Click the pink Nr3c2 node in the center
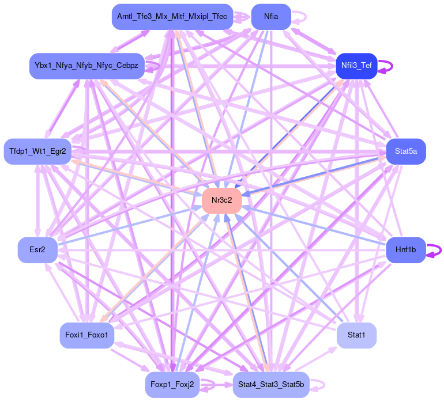point(221,200)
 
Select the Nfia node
point(271,17)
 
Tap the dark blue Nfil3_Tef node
point(356,66)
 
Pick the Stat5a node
point(405,151)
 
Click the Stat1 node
point(356,335)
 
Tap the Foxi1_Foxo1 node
point(86,335)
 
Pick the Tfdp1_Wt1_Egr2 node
point(37,151)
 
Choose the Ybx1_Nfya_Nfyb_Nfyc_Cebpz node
point(86,66)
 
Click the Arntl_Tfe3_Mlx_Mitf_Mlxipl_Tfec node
point(172,17)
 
